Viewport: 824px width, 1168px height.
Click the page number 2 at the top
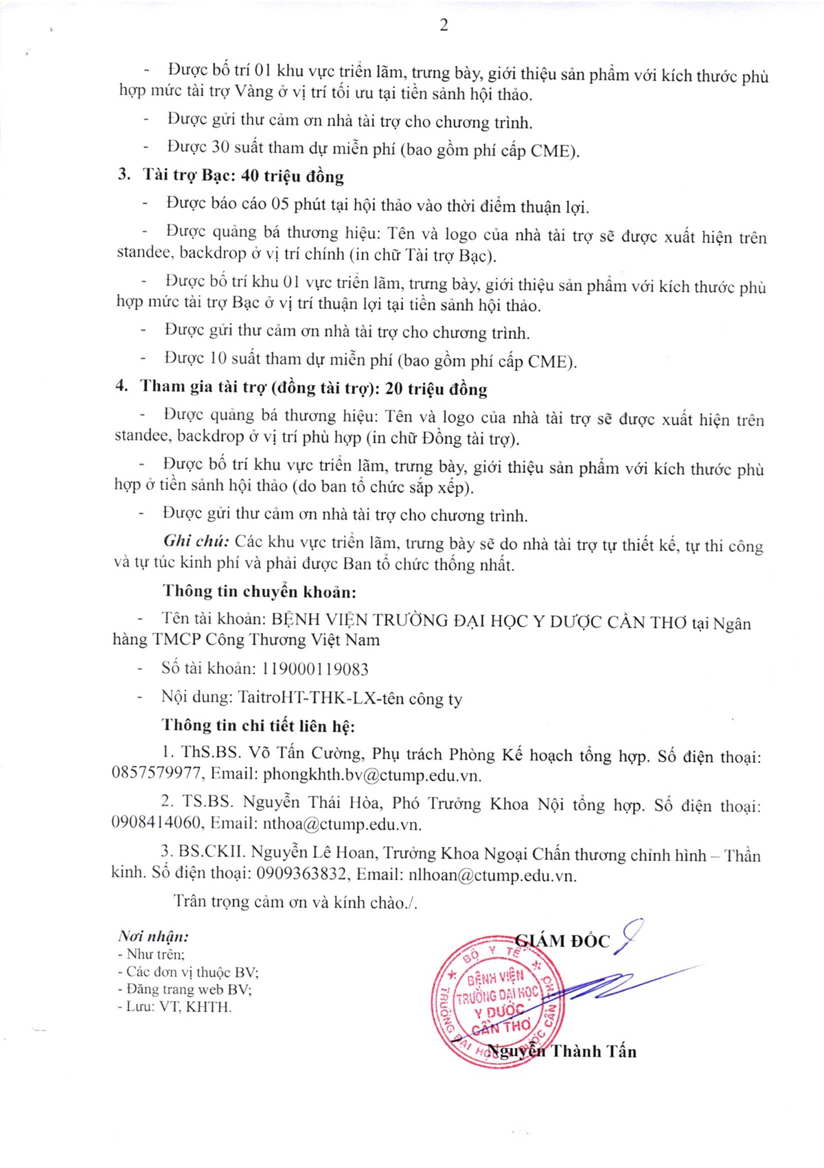point(444,25)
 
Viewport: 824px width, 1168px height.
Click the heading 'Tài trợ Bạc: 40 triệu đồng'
point(242,176)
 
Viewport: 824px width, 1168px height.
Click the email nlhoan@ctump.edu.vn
point(492,876)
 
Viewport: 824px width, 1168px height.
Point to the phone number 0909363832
point(302,874)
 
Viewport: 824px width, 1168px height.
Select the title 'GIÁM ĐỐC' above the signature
point(562,941)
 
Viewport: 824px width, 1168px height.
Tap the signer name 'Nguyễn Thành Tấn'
point(562,1051)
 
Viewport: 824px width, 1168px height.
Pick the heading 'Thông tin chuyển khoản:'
point(260,592)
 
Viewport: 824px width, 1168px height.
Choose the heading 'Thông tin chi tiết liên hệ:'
point(258,725)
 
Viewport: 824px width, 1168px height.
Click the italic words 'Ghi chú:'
point(196,541)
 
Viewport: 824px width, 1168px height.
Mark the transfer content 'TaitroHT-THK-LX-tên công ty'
point(350,699)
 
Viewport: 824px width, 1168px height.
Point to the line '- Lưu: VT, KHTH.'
point(175,1007)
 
